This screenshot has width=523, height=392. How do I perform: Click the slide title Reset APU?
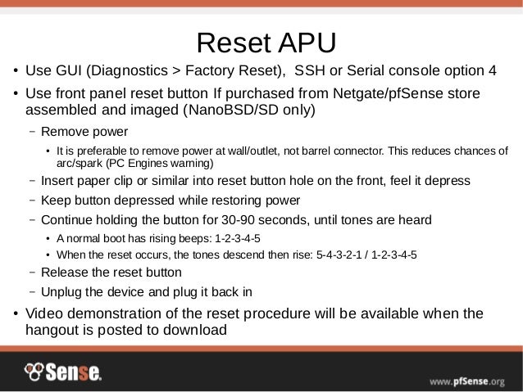(x=261, y=42)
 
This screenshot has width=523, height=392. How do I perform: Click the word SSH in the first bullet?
(x=310, y=68)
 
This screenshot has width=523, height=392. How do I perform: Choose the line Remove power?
(x=84, y=131)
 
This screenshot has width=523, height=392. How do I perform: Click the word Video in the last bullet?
(x=45, y=313)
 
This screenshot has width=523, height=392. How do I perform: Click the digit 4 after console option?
(x=491, y=68)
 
